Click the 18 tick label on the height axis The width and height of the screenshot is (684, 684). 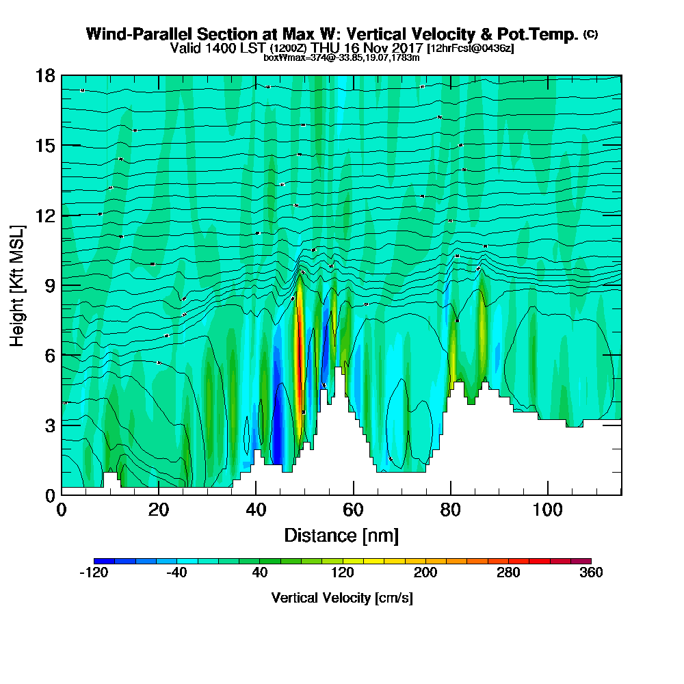tap(46, 75)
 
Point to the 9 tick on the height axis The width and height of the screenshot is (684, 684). tap(62, 285)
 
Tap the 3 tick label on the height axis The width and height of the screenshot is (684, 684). tap(50, 425)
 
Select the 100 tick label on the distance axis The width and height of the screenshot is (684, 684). tap(548, 510)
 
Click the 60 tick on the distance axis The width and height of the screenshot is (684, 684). tap(353, 495)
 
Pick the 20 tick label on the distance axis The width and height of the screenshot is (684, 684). tap(159, 510)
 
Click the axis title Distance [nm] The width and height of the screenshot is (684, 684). tap(341, 535)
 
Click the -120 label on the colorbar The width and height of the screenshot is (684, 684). tap(94, 573)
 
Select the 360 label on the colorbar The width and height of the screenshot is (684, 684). tap(590, 573)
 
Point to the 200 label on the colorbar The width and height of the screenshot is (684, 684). tap(425, 573)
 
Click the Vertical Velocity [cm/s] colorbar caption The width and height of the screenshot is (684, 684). tap(342, 598)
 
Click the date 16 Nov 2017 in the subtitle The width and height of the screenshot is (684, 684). tap(377, 49)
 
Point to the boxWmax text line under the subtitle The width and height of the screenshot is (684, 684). tap(341, 57)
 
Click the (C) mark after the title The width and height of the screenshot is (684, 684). tap(590, 34)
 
